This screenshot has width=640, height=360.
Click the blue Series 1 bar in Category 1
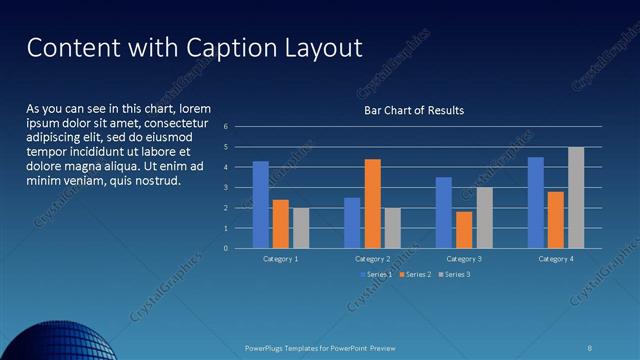[x=260, y=204]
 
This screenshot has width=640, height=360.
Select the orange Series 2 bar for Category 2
[x=372, y=203]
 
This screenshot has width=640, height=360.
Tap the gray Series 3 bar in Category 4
[x=576, y=197]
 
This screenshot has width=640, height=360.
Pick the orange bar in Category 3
[x=464, y=229]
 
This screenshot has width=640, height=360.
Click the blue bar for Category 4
[x=536, y=202]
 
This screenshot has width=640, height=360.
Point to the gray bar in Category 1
[x=301, y=227]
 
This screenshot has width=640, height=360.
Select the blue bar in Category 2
[x=352, y=222]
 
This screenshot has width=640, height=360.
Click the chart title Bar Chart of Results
[x=413, y=110]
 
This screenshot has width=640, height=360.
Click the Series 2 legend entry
[x=415, y=274]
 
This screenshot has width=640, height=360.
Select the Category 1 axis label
[x=280, y=258]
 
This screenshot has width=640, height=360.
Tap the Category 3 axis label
[x=464, y=258]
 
